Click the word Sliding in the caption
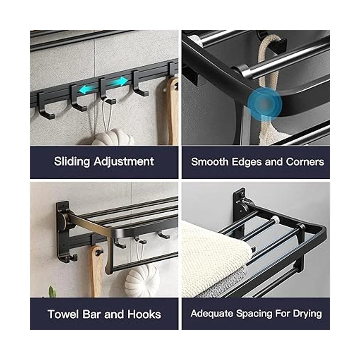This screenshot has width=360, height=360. pyautogui.click(x=72, y=162)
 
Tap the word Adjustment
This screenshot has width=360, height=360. pyautogui.click(x=124, y=162)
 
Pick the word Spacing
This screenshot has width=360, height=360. pyautogui.click(x=254, y=314)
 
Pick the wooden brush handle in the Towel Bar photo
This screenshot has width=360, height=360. pyautogui.click(x=97, y=271)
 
